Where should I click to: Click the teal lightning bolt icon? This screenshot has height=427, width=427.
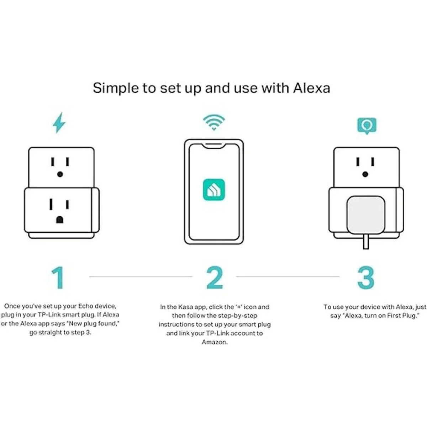pyautogui.click(x=59, y=123)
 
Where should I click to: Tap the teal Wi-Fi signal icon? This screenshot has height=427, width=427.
pyautogui.click(x=214, y=122)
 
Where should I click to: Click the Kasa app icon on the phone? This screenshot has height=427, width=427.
pyautogui.click(x=214, y=190)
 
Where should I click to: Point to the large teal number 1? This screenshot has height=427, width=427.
pyautogui.click(x=58, y=278)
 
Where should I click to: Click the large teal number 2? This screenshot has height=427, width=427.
pyautogui.click(x=214, y=278)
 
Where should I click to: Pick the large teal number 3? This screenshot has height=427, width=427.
pyautogui.click(x=366, y=278)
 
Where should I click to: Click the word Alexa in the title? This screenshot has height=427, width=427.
pyautogui.click(x=311, y=88)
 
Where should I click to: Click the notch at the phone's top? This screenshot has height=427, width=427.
pyautogui.click(x=214, y=146)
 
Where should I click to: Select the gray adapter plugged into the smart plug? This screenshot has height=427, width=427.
pyautogui.click(x=366, y=215)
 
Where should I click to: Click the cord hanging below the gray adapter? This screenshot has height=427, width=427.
pyautogui.click(x=366, y=242)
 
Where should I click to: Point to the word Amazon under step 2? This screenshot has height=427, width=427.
pyautogui.click(x=215, y=342)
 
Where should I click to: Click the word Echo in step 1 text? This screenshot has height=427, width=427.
pyautogui.click(x=86, y=306)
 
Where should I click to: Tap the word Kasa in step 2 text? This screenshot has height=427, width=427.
pyautogui.click(x=185, y=307)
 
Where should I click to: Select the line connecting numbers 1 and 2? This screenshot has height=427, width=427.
pyautogui.click(x=141, y=276)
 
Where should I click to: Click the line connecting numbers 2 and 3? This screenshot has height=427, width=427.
pyautogui.click(x=288, y=276)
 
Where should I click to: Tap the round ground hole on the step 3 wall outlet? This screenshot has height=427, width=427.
pyautogui.click(x=365, y=174)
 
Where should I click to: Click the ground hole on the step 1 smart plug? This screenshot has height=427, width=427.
pyautogui.click(x=60, y=220)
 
